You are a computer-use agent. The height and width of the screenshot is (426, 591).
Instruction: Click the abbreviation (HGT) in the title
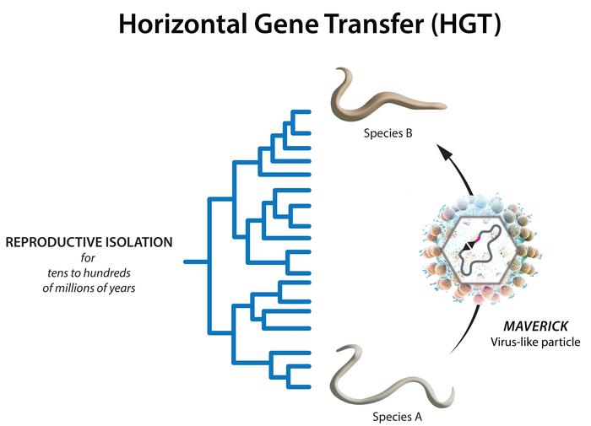(x=467, y=24)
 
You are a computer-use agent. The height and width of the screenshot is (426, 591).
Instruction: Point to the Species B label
(x=388, y=133)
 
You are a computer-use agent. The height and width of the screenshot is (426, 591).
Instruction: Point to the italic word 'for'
(x=89, y=257)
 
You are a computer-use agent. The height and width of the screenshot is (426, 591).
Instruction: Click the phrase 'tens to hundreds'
(x=89, y=272)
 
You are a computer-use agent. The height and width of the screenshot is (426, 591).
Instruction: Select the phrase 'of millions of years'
(x=89, y=288)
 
